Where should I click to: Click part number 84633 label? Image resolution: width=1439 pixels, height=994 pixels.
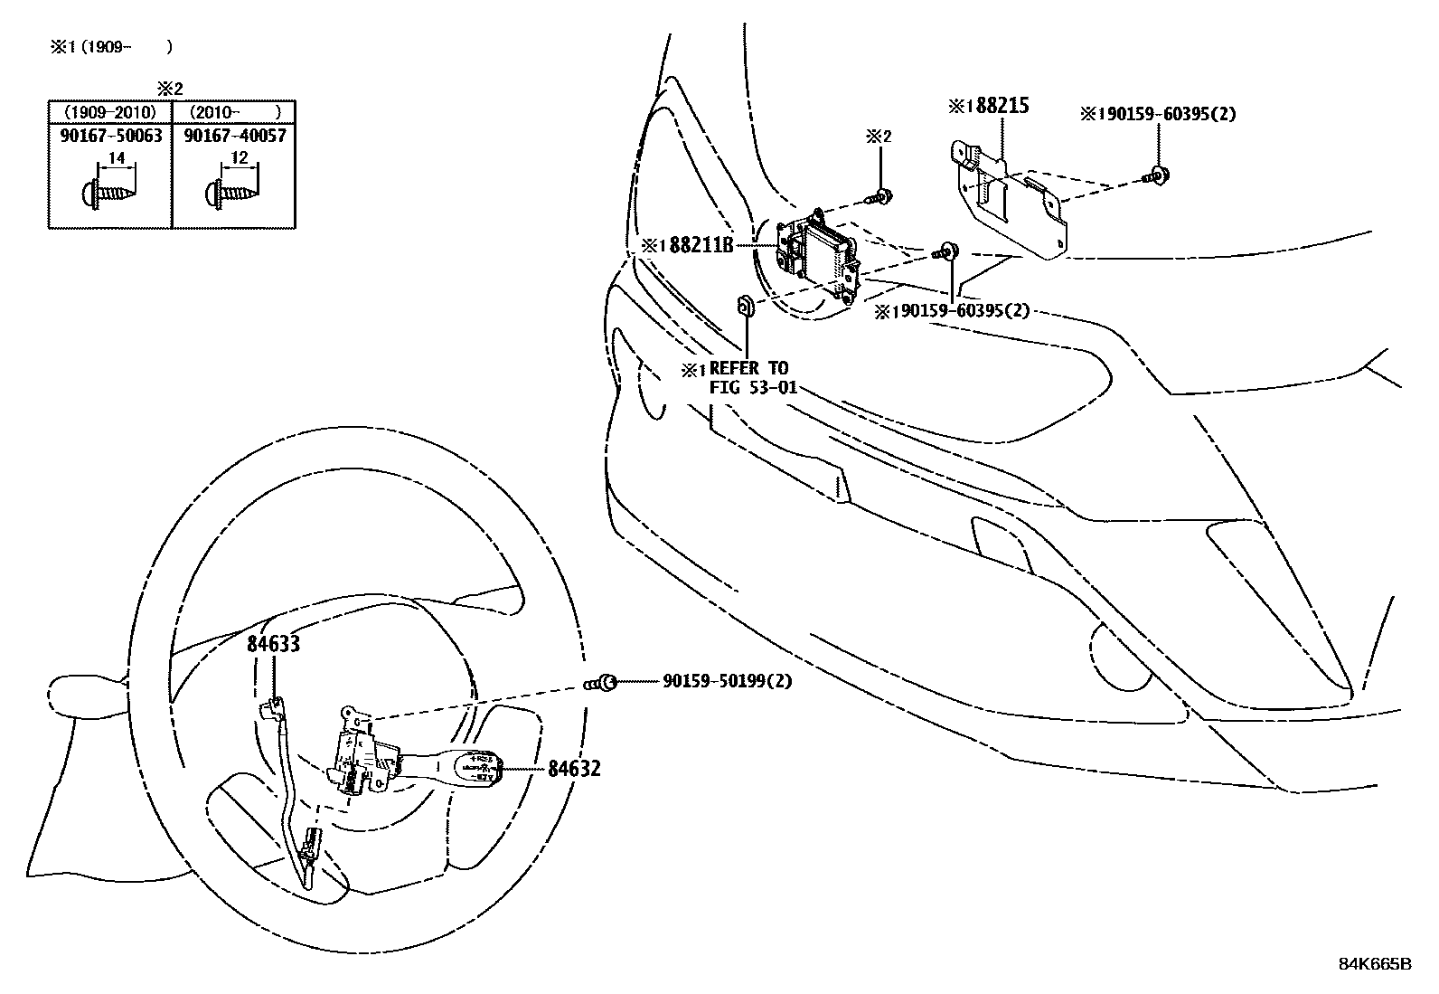273,643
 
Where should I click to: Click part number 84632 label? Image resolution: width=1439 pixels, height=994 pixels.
573,769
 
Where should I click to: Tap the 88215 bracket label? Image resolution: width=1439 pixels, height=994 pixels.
1001,106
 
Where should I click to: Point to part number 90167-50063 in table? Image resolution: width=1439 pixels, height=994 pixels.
109,136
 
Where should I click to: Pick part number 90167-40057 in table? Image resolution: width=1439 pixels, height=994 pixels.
234,136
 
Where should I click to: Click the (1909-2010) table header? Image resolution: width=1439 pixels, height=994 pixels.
109,112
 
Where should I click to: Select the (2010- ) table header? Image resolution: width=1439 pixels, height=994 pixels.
234,112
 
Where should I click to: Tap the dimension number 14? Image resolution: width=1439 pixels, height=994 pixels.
116,159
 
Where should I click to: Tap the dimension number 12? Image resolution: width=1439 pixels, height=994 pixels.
239,159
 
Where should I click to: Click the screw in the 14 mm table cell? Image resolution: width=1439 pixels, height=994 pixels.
108,192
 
